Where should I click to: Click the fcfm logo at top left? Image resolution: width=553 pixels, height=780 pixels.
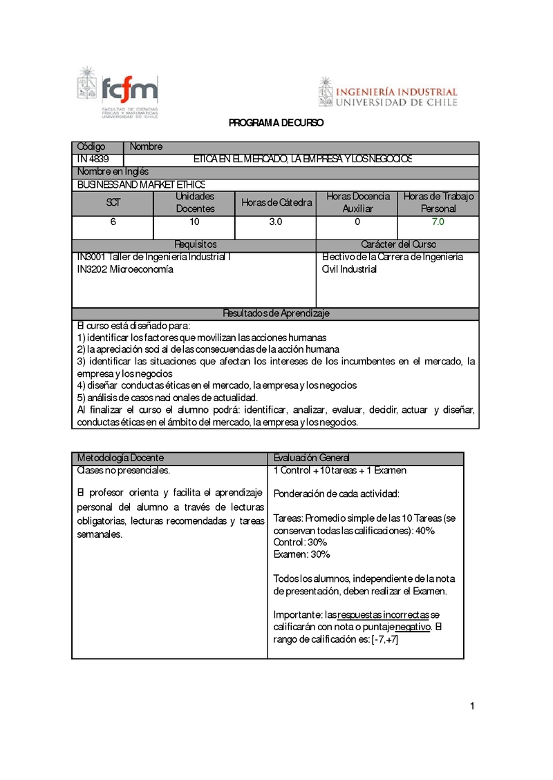(118, 94)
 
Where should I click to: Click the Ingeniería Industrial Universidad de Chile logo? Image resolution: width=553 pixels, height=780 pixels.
(388, 92)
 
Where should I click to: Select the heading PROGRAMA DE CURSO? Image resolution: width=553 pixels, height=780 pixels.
(276, 123)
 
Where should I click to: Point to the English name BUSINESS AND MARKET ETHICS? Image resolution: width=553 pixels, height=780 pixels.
(141, 184)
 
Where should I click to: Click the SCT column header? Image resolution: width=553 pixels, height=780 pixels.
(113, 203)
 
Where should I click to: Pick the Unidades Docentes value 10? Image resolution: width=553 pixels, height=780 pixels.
(194, 222)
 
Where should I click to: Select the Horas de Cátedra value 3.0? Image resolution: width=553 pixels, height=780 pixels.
(275, 222)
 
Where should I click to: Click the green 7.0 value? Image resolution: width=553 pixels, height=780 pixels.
(438, 222)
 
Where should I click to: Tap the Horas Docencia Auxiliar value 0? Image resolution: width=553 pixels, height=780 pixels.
(357, 222)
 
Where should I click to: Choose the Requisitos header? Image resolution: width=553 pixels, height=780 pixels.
(195, 245)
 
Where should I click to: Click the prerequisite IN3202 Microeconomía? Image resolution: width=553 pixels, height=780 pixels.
(125, 269)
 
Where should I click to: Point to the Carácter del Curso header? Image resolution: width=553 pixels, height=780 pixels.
(398, 245)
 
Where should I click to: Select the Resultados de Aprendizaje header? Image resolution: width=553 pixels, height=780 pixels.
(276, 313)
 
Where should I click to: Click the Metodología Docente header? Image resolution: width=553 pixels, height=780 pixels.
(120, 458)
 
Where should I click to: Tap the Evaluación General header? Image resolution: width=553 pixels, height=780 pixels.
(311, 458)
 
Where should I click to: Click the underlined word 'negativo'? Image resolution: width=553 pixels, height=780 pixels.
(413, 627)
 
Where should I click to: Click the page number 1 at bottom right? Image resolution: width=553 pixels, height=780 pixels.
(471, 706)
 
